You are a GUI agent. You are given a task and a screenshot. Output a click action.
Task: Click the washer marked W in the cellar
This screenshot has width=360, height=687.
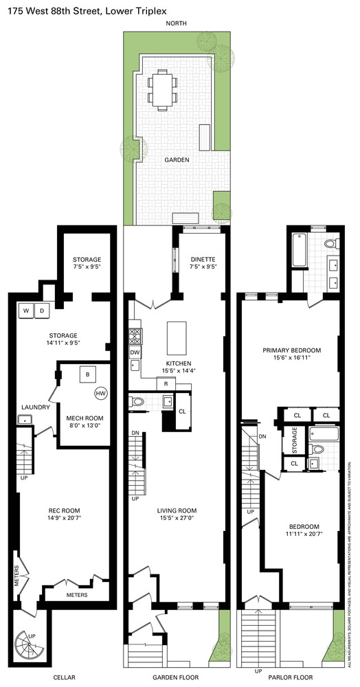point(26,311)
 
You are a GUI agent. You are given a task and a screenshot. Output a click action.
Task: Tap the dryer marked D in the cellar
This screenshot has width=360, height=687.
point(41,311)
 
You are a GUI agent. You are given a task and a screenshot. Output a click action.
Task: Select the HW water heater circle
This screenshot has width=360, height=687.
point(101,394)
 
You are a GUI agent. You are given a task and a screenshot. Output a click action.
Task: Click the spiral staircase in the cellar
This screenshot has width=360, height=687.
point(28,646)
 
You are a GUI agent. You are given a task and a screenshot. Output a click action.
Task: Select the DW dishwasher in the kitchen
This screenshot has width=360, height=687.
point(135,352)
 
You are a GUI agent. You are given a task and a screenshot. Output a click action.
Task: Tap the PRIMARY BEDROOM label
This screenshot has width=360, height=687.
point(291,350)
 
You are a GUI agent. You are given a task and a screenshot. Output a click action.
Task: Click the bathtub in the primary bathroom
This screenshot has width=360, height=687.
point(300,251)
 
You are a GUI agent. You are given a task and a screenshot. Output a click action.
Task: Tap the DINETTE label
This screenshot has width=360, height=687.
point(203,258)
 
